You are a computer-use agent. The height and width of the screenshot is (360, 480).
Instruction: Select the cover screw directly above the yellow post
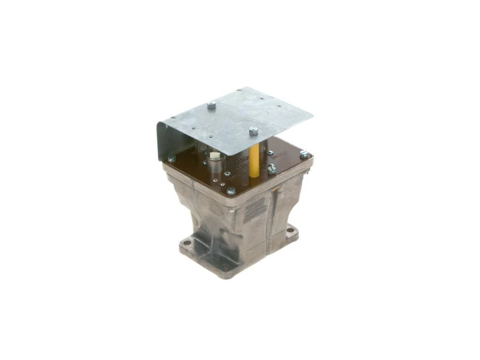click(253, 131)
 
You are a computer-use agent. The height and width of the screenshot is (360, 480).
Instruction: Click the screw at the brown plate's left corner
click(172, 159)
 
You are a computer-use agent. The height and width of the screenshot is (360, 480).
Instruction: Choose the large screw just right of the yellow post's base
click(271, 170)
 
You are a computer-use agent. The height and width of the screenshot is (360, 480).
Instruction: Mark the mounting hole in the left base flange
click(187, 242)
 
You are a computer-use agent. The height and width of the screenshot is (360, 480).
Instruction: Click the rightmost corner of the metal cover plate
click(312, 115)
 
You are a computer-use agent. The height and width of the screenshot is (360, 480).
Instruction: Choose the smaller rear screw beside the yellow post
click(269, 154)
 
